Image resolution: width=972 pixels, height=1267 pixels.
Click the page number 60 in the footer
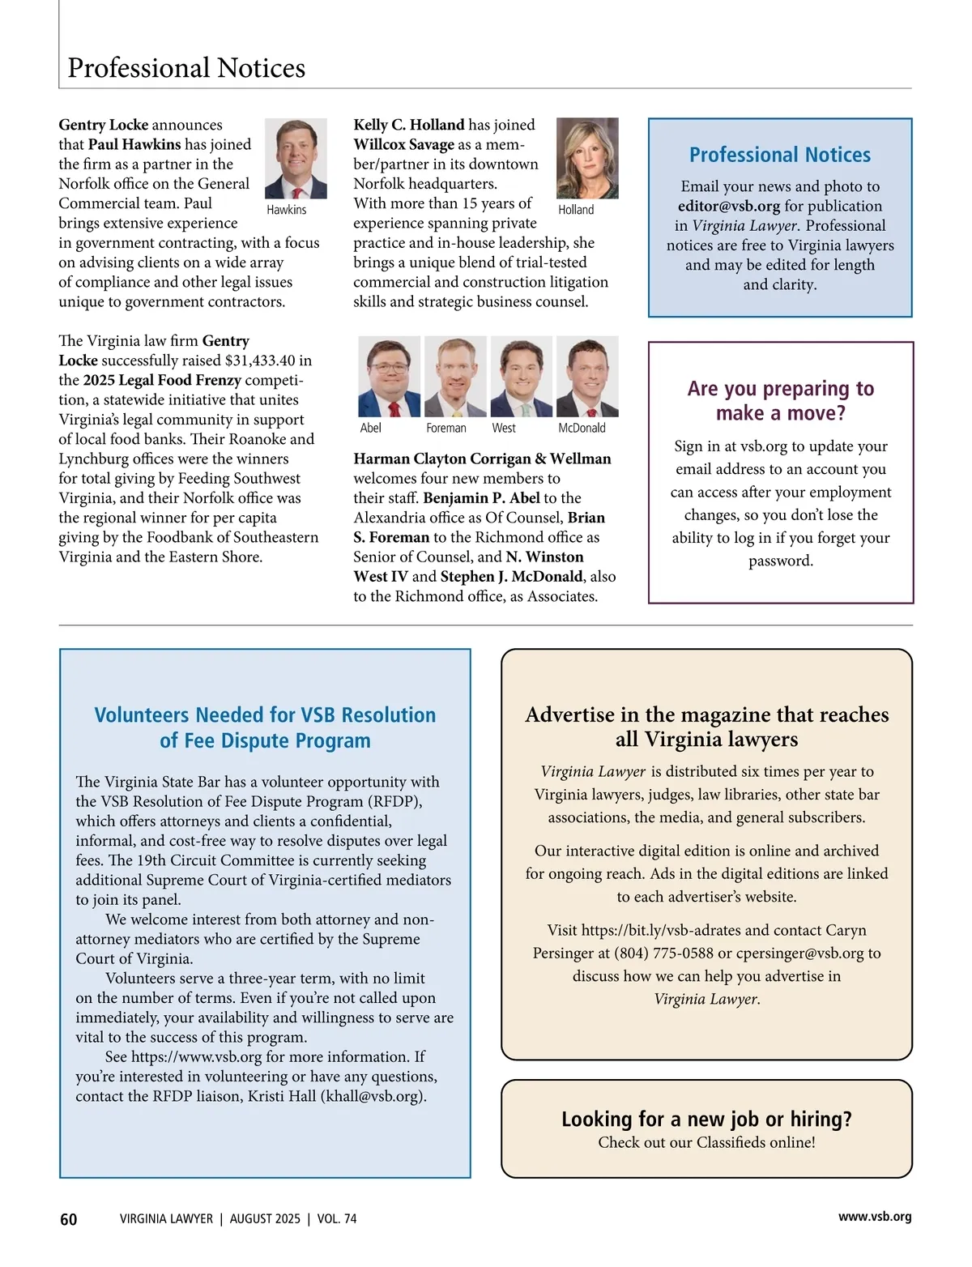pyautogui.click(x=69, y=1219)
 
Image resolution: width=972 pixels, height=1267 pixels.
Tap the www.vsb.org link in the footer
pyautogui.click(x=875, y=1217)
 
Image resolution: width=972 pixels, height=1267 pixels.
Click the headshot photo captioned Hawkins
pyautogui.click(x=296, y=159)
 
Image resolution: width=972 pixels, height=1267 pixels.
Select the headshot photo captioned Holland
pyautogui.click(x=587, y=159)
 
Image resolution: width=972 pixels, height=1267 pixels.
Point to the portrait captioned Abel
pyautogui.click(x=389, y=377)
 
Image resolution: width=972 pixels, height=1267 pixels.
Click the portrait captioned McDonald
pyautogui.click(x=587, y=377)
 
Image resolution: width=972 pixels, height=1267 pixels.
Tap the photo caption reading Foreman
pyautogui.click(x=446, y=428)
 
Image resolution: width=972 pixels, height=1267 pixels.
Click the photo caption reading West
pyautogui.click(x=504, y=428)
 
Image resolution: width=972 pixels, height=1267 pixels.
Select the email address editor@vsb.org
pyautogui.click(x=729, y=207)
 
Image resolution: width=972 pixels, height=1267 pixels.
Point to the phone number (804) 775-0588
pyautogui.click(x=664, y=953)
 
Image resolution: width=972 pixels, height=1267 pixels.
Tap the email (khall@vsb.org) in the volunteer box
pyautogui.click(x=373, y=1097)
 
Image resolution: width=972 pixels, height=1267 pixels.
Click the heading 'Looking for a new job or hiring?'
pyautogui.click(x=706, y=1120)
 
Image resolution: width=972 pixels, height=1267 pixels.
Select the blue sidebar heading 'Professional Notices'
pyautogui.click(x=779, y=155)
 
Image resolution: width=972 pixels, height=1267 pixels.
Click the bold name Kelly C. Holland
pyautogui.click(x=408, y=125)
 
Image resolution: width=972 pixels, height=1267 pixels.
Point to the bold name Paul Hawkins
pyautogui.click(x=134, y=144)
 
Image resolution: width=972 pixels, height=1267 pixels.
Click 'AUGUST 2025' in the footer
pyautogui.click(x=265, y=1219)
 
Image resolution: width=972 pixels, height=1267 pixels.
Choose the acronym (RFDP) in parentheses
pyautogui.click(x=394, y=802)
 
